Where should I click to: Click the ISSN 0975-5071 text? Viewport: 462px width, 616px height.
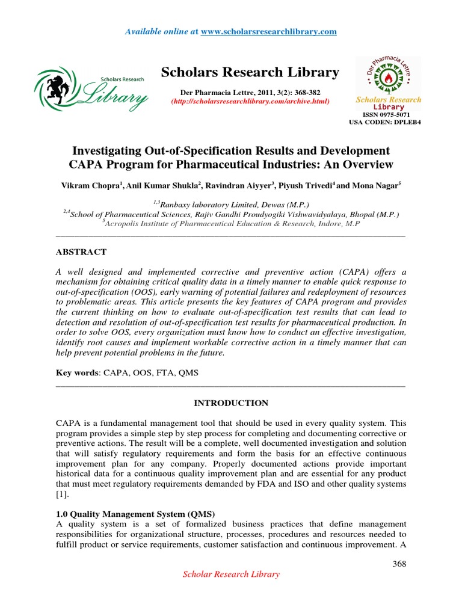[x=389, y=114]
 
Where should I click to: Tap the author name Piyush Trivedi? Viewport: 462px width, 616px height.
[x=304, y=187]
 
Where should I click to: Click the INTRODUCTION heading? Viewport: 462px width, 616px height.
[x=230, y=403]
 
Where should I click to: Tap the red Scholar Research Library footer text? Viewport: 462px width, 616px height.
[x=231, y=574]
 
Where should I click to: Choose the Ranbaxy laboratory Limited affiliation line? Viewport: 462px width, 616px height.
[x=230, y=204]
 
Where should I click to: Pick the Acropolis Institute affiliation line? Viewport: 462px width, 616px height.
[x=230, y=223]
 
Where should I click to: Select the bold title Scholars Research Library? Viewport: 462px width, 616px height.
[x=250, y=73]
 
